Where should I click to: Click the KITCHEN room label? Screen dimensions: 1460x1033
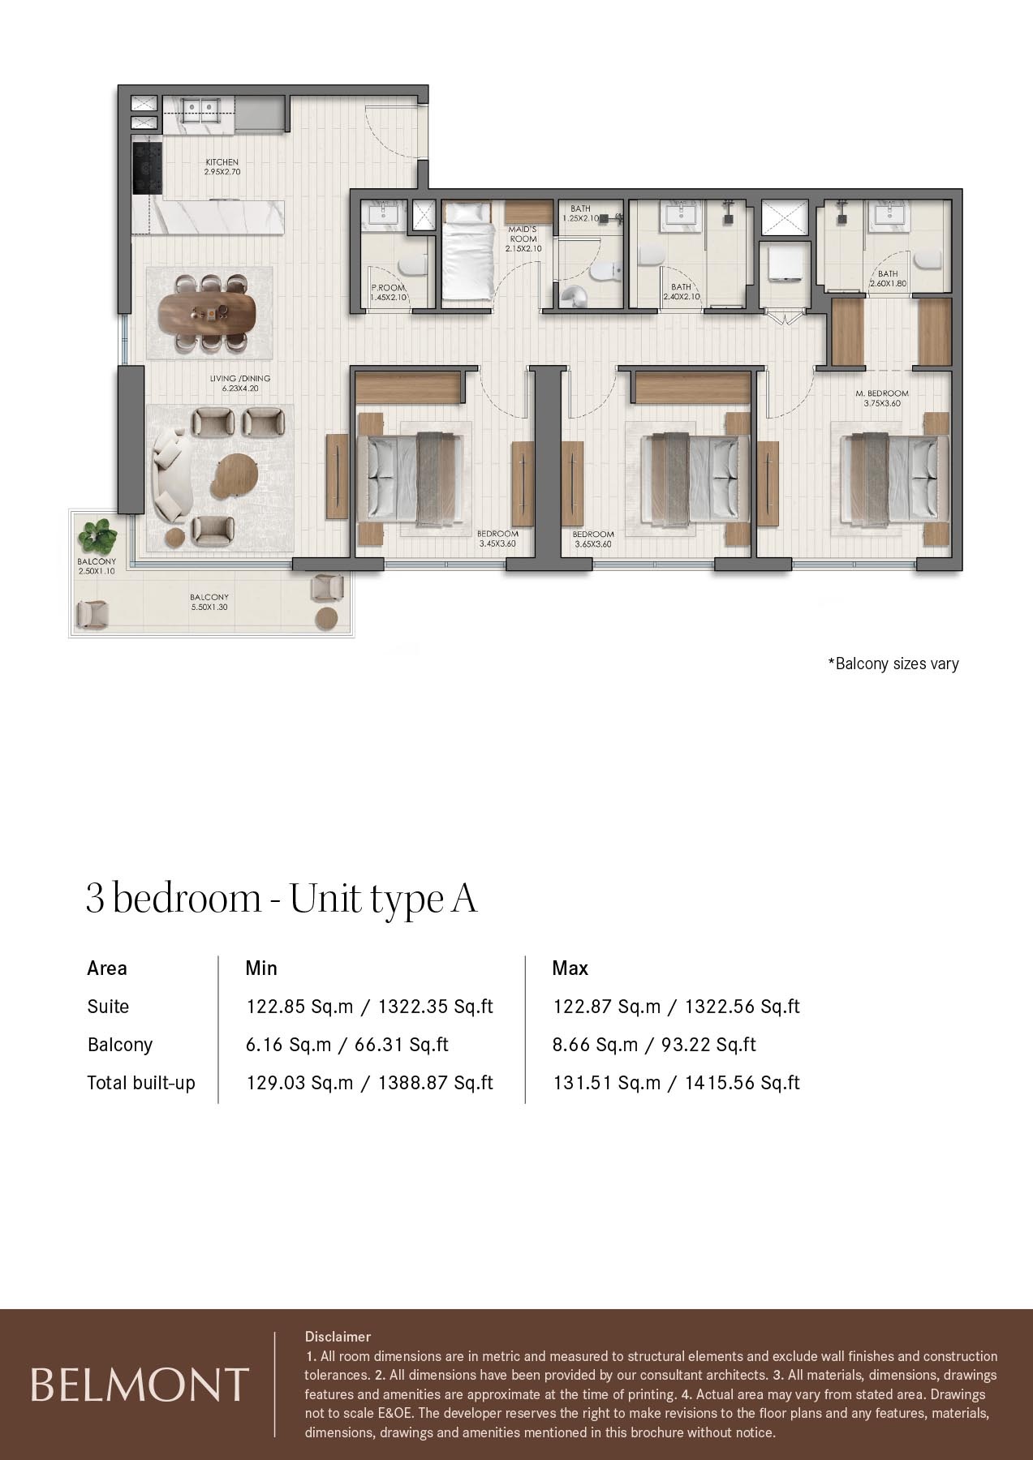[222, 167]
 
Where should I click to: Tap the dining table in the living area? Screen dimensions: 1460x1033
[207, 311]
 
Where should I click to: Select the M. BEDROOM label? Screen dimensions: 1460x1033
[882, 397]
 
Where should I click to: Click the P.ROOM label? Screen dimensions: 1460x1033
[386, 293]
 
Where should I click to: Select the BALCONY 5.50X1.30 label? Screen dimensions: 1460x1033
[209, 601]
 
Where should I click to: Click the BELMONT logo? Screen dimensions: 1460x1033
[139, 1384]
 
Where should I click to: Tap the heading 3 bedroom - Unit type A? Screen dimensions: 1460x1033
[282, 899]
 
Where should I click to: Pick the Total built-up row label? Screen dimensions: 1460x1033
[141, 1083]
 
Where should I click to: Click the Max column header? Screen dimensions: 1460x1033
[570, 968]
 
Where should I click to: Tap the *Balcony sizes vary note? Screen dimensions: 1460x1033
[893, 663]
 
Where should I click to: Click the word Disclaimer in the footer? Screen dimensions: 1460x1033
[338, 1336]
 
